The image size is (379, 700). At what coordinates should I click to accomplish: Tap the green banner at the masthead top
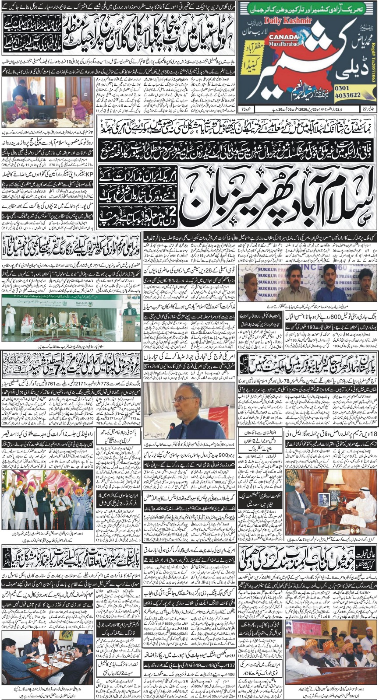click(x=308, y=8)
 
